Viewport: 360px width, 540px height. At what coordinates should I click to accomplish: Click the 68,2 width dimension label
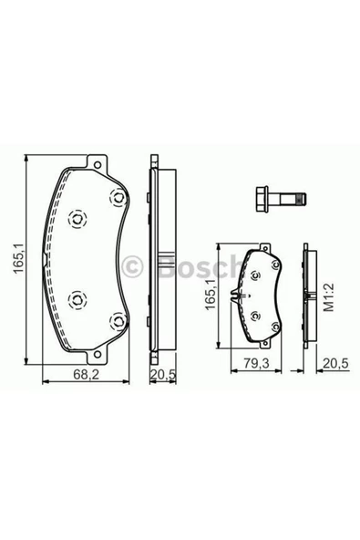tap(86, 375)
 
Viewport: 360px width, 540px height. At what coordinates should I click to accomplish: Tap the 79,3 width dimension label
tap(256, 363)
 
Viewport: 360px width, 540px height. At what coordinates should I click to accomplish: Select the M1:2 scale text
tap(329, 297)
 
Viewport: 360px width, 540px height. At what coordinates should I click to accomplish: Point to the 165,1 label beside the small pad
tap(211, 295)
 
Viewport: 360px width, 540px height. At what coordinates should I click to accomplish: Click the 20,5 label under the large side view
tap(163, 374)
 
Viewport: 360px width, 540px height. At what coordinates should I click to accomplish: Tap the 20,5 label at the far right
tap(335, 363)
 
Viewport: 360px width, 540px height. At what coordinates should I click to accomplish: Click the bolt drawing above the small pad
tap(282, 199)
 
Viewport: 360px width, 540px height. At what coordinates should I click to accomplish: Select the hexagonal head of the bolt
tap(262, 199)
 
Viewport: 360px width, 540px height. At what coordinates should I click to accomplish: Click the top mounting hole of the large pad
tap(98, 165)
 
